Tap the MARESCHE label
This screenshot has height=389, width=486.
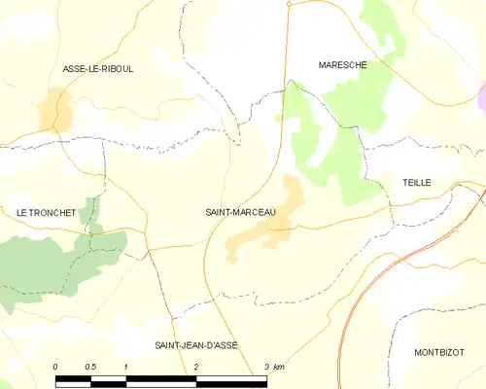point(342,65)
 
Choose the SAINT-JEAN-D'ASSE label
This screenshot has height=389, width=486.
point(196,345)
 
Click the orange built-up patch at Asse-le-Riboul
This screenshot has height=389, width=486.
point(53,109)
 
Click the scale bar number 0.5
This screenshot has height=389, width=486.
point(90,367)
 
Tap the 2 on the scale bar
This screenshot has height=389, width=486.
point(196,367)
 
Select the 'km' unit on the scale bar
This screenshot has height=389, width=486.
point(280,367)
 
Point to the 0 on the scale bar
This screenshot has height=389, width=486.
point(55,367)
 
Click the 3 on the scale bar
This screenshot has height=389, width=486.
point(266,367)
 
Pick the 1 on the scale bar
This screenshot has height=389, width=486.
point(126,367)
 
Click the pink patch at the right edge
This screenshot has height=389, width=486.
point(481,97)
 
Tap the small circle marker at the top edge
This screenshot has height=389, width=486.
point(289,4)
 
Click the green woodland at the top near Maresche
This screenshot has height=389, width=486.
point(381,29)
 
